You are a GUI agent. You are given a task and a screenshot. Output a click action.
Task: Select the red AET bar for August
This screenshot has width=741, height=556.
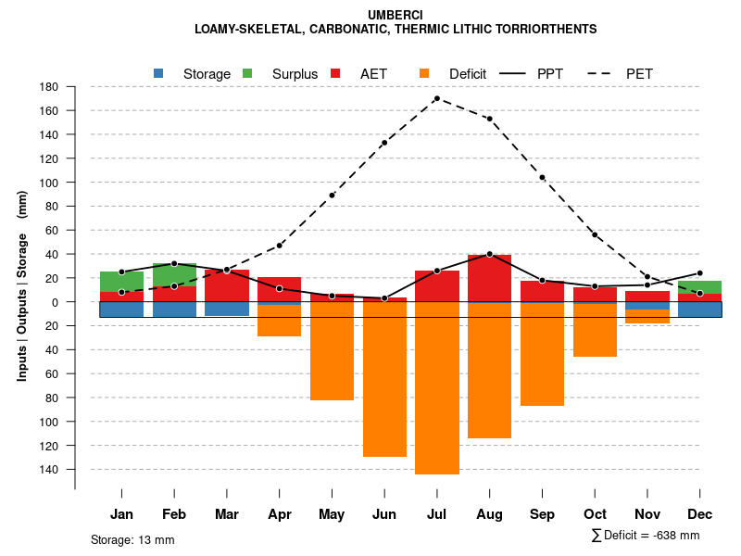[490, 278]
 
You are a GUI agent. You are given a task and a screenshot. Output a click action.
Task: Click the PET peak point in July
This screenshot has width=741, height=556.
[436, 98]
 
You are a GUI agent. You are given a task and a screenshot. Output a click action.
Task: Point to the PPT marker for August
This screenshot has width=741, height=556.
[489, 254]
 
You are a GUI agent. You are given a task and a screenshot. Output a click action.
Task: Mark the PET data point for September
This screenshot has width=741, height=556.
[542, 177]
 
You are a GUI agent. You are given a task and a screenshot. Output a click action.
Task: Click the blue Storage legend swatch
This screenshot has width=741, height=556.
[158, 73]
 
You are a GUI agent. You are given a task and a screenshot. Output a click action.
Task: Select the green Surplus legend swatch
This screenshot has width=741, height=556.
[247, 73]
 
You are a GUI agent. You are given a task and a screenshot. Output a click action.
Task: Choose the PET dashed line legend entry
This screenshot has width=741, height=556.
[603, 73]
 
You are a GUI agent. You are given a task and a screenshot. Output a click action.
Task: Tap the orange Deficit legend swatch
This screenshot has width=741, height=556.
[424, 73]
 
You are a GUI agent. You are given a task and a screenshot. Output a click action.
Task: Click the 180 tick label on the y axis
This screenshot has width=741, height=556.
[49, 87]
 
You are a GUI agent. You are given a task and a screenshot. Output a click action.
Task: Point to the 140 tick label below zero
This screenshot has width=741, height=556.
[49, 470]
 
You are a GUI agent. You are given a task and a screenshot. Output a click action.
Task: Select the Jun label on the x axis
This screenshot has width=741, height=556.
[384, 514]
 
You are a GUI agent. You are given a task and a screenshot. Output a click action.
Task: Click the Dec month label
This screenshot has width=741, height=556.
[700, 514]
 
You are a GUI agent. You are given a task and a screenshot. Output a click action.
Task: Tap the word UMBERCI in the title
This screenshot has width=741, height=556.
[396, 16]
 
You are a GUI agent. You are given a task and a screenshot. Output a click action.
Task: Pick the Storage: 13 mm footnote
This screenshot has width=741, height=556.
[132, 539]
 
